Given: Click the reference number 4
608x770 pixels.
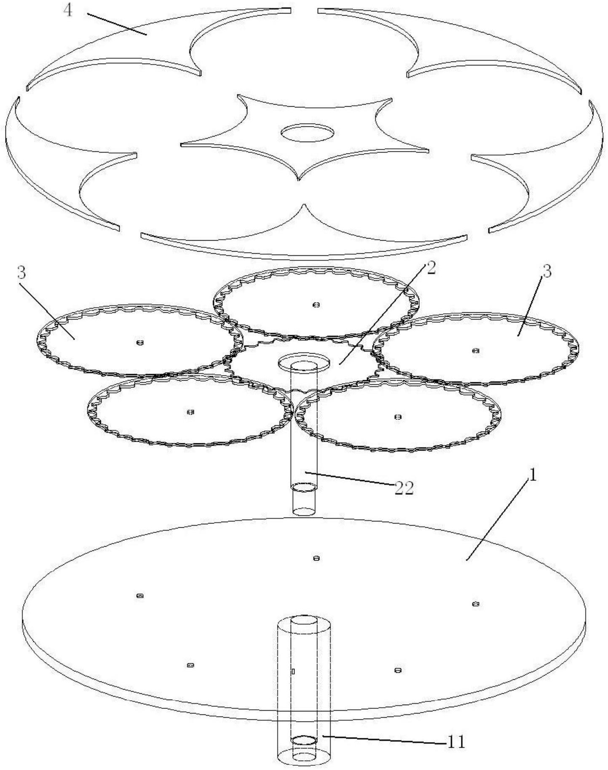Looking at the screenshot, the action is pyautogui.click(x=68, y=10).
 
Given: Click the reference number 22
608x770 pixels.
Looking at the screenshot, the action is pyautogui.click(x=404, y=488).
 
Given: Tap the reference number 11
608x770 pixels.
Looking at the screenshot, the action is pyautogui.click(x=456, y=741).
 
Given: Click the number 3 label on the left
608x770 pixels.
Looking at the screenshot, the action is pyautogui.click(x=21, y=273).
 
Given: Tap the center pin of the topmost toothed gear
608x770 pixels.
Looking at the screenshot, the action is pyautogui.click(x=316, y=305).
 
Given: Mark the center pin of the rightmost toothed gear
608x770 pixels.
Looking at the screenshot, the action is pyautogui.click(x=476, y=350).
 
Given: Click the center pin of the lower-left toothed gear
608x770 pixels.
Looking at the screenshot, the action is pyautogui.click(x=190, y=412).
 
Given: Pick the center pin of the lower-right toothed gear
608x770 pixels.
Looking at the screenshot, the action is pyautogui.click(x=398, y=417).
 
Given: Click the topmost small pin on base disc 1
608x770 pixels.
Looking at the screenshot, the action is pyautogui.click(x=317, y=558).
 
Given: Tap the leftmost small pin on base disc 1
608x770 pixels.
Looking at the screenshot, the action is pyautogui.click(x=140, y=596).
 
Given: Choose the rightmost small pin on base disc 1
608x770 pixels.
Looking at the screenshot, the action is pyautogui.click(x=476, y=604).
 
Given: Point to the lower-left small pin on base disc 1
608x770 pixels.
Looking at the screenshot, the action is pyautogui.click(x=190, y=665).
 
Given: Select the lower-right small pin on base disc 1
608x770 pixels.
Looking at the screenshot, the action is pyautogui.click(x=397, y=671).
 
